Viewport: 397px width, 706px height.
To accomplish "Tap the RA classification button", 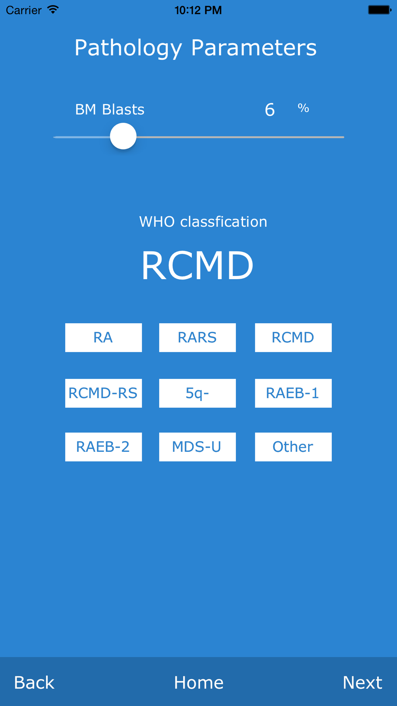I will (103, 338).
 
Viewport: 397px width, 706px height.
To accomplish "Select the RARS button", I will (197, 338).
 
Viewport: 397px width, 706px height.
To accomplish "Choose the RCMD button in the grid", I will (293, 338).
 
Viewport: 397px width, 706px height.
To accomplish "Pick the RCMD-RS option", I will (103, 393).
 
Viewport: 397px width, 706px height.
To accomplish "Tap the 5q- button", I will (197, 393).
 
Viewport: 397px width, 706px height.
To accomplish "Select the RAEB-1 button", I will (293, 393).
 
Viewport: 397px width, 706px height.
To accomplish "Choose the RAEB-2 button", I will (103, 447).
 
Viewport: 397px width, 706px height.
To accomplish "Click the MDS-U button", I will (197, 447).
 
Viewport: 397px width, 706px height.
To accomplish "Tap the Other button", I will (293, 447).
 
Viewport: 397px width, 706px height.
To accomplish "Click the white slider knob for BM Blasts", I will (123, 136).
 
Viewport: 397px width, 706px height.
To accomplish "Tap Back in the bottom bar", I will (34, 683).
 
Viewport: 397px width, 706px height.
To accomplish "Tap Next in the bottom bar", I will (362, 683).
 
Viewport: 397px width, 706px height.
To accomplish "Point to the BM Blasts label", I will (110, 110).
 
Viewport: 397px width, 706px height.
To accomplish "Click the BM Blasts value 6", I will (270, 110).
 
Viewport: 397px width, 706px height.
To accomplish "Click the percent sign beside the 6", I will (303, 108).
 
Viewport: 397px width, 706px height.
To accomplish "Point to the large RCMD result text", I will (197, 265).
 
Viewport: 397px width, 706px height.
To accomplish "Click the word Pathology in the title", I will (128, 48).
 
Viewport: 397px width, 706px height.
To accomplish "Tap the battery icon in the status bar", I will (379, 10).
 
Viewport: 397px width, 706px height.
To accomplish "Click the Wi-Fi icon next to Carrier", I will (53, 10).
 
